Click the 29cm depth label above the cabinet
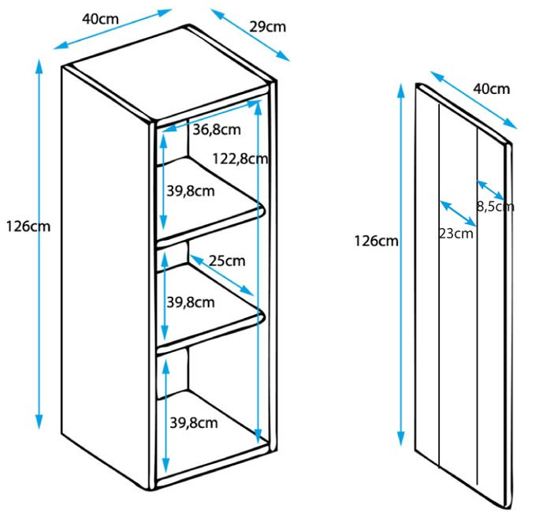(267, 27)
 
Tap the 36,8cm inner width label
(217, 129)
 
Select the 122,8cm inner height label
(240, 159)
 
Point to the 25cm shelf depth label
(227, 261)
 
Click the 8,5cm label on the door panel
(496, 207)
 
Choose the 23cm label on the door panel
(456, 234)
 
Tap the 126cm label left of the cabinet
(28, 227)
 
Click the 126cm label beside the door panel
(377, 241)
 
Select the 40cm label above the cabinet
(100, 19)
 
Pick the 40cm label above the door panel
(492, 89)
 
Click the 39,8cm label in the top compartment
(191, 191)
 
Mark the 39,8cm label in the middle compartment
(191, 302)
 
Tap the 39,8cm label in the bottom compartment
(194, 423)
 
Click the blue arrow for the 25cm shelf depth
(221, 275)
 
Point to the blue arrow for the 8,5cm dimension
(491, 190)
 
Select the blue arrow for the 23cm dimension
(458, 213)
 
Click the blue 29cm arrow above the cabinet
(251, 35)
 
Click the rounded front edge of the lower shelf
(210, 333)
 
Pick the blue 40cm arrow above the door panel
(474, 100)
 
